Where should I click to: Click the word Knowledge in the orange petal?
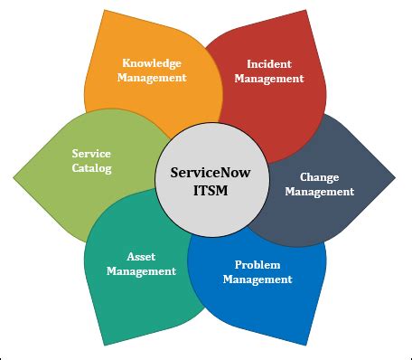(153, 63)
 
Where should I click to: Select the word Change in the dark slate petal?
(320, 177)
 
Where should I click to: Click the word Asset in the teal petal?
(140, 256)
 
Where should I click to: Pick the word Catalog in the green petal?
(91, 168)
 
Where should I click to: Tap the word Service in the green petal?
(91, 154)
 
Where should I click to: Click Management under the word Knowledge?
(153, 78)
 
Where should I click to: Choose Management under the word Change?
(320, 192)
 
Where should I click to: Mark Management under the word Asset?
(140, 270)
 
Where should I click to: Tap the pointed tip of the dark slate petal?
(395, 178)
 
